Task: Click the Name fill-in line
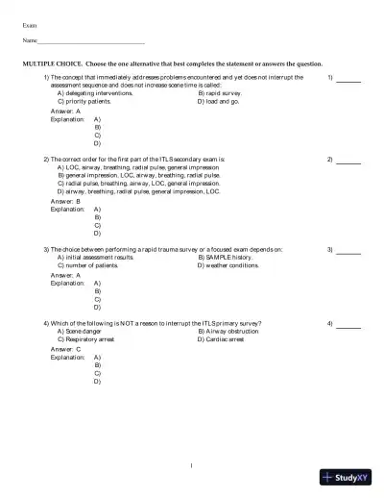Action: pos(90,42)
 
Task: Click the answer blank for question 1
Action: pos(348,79)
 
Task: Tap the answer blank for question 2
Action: pos(348,159)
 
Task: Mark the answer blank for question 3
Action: pos(348,251)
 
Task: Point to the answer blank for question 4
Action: pos(348,325)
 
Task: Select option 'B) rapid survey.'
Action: pos(220,93)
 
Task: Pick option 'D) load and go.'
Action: pos(218,101)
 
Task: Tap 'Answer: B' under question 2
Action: pos(65,201)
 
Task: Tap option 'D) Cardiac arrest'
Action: pos(222,339)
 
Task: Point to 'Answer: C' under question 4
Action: pos(65,349)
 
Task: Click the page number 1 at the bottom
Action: pos(192,466)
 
